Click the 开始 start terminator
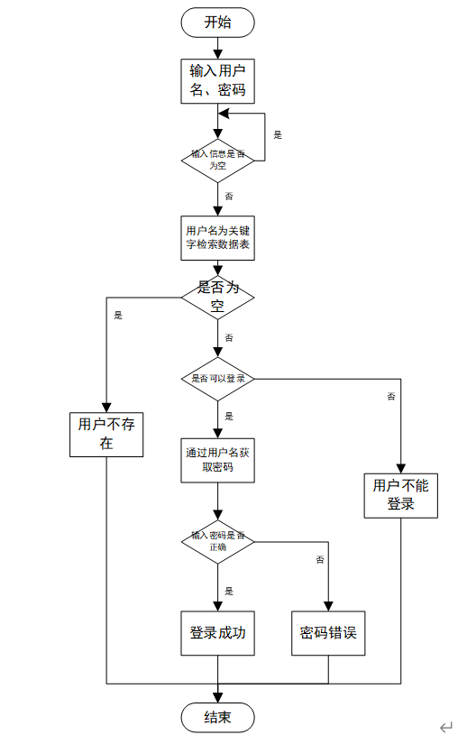[x=217, y=22]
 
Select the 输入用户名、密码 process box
[x=217, y=80]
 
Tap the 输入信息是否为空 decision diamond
[x=217, y=160]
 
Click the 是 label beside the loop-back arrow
[x=278, y=135]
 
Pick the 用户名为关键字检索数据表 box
[x=217, y=237]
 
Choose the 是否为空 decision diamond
[x=217, y=297]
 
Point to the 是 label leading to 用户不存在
[x=118, y=316]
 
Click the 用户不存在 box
[x=106, y=434]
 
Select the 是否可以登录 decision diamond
[x=217, y=379]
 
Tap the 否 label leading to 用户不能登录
[x=390, y=396]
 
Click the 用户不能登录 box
[x=401, y=495]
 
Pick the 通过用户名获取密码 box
[x=217, y=460]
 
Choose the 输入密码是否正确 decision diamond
[x=217, y=541]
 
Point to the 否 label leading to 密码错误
[x=319, y=560]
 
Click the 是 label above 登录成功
[x=229, y=591]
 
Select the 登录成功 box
[x=217, y=633]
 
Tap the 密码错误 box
[x=328, y=633]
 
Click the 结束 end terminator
[x=217, y=718]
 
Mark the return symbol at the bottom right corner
[x=445, y=727]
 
